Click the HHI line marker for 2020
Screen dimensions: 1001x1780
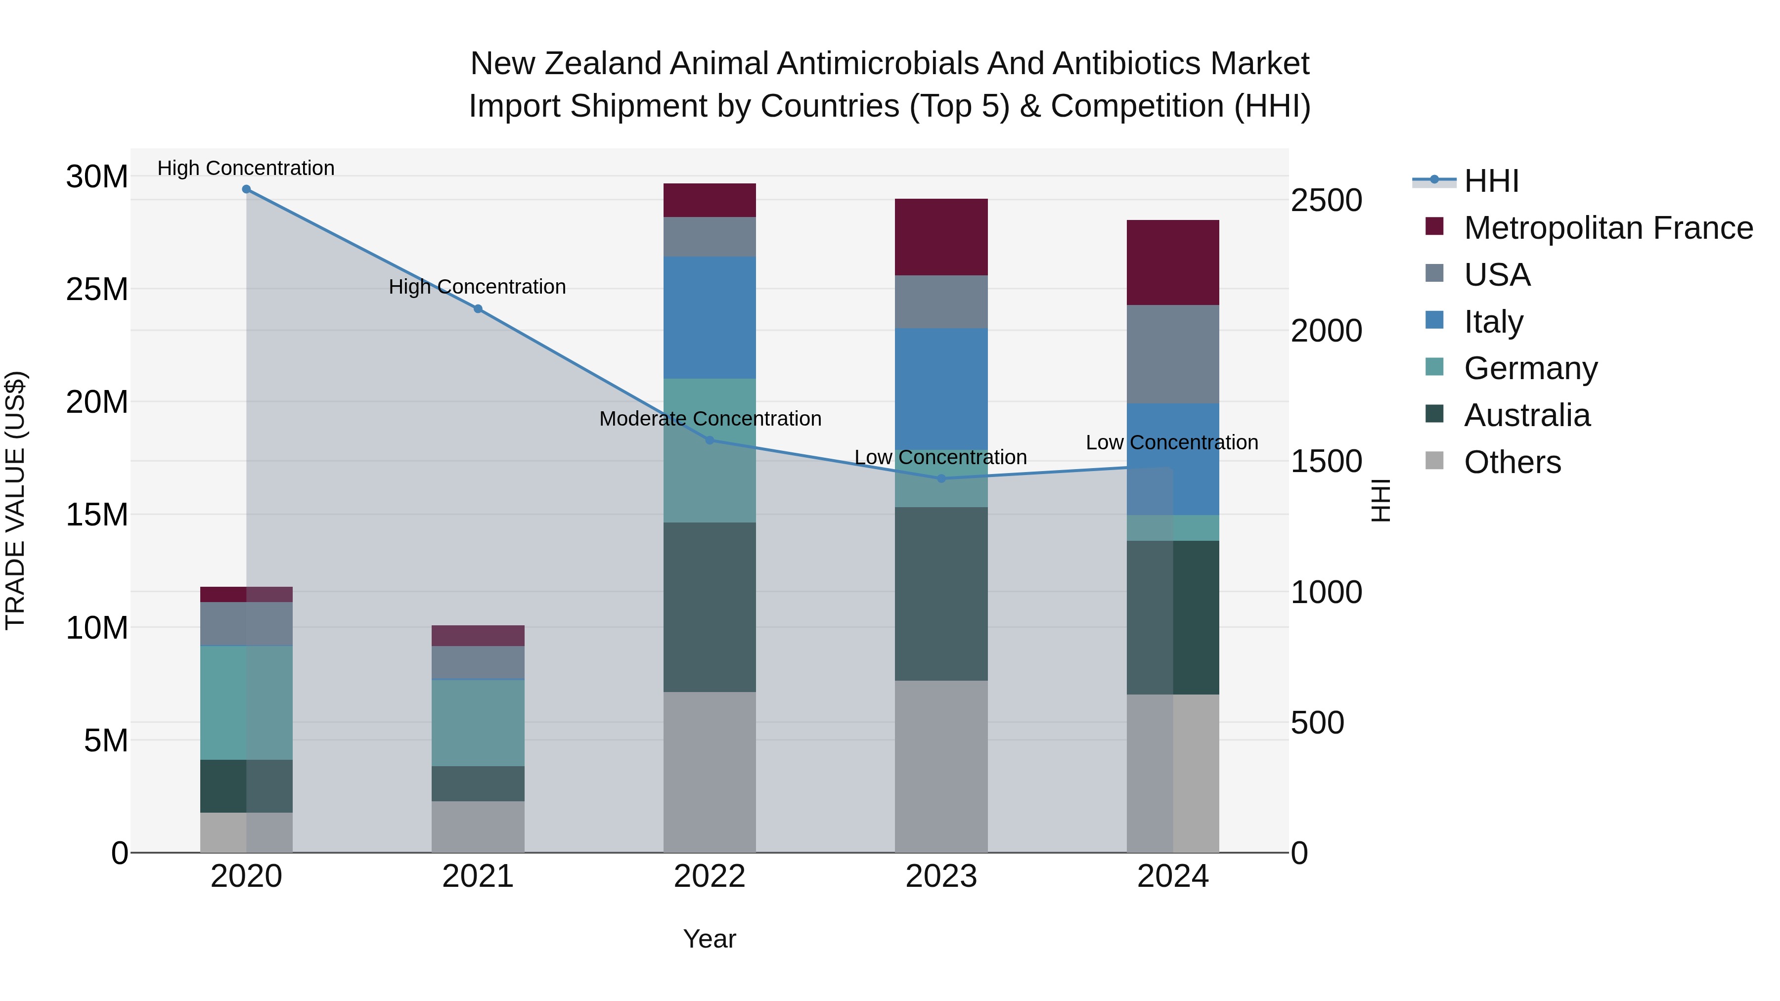246,189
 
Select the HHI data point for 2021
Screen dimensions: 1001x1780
478,309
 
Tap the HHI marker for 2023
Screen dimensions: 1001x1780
941,478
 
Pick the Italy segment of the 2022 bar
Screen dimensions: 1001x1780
710,318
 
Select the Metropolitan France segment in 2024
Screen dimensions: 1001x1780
1173,262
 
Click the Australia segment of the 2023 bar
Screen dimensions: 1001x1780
941,594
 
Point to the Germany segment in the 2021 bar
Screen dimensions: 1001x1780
478,723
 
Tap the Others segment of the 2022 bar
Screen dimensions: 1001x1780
710,772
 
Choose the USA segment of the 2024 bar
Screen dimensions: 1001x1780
1173,354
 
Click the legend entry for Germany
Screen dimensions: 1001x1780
1530,368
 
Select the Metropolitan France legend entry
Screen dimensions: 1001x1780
1608,228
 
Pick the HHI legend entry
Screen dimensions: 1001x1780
1491,181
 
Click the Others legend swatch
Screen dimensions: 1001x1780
1434,461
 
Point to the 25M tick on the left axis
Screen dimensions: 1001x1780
97,289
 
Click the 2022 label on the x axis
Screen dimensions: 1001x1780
710,876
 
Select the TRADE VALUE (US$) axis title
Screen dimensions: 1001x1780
15,500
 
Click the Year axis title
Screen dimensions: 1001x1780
710,939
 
